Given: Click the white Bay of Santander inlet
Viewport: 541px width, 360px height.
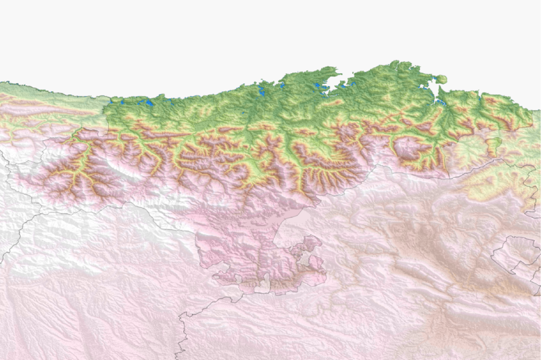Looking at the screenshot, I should pyautogui.click(x=336, y=82).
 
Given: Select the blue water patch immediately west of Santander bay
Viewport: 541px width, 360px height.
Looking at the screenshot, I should pyautogui.click(x=317, y=87).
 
